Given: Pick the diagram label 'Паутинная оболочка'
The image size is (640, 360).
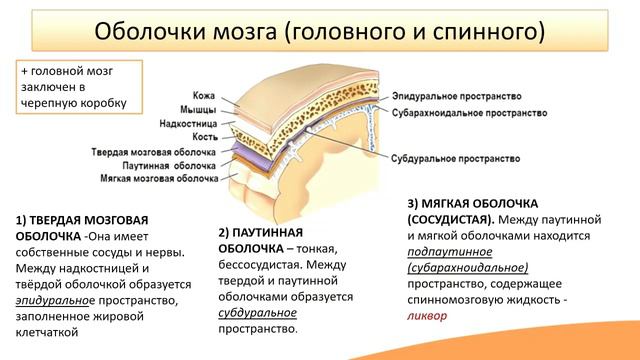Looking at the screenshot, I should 169,163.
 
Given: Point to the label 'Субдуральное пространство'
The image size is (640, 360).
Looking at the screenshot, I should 456,159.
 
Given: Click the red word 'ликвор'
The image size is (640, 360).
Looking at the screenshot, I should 426,314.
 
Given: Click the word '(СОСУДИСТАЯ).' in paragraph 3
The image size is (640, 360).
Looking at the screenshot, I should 450,217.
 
